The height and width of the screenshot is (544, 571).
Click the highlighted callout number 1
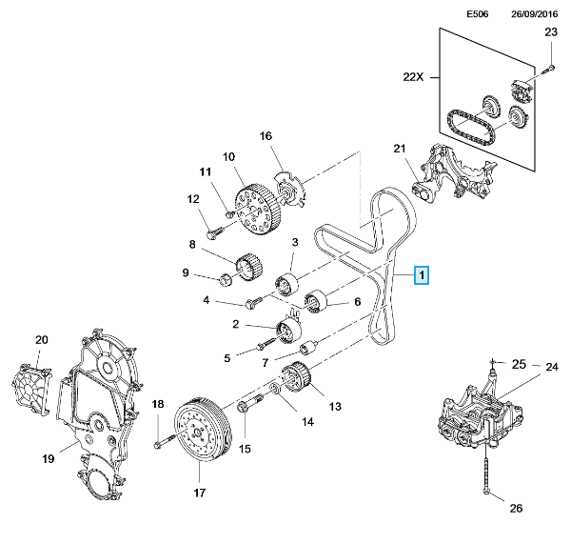(422, 275)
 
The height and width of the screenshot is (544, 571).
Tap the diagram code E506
(478, 14)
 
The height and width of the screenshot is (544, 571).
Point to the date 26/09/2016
(534, 14)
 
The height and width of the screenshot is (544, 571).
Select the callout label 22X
(413, 77)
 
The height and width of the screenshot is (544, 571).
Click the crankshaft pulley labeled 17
(202, 428)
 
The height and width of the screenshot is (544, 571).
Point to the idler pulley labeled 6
(316, 301)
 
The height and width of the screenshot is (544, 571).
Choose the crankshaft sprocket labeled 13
(296, 377)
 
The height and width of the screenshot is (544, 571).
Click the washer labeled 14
(275, 390)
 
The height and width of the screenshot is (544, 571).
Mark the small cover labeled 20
(31, 388)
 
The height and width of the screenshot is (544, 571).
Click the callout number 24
(552, 367)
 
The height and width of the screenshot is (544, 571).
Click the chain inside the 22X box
(471, 128)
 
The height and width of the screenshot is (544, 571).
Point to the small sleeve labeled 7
(308, 348)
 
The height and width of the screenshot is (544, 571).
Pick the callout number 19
(49, 458)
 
